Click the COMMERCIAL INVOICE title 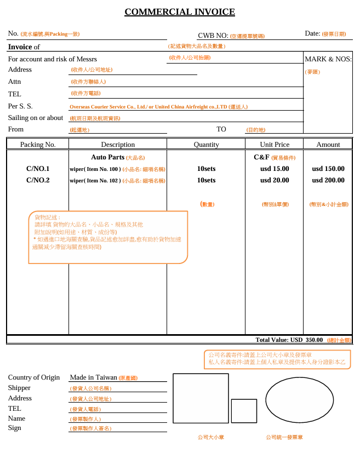[180, 12]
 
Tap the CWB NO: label [213, 36]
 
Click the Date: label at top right [312, 33]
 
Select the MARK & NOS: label [328, 59]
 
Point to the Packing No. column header [38, 145]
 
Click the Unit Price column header [275, 145]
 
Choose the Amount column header [328, 145]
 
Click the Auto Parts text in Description [108, 157]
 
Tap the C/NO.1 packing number [38, 169]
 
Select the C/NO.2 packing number [38, 180]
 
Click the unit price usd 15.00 [275, 169]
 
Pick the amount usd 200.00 [328, 180]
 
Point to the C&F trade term [261, 157]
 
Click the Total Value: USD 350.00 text [289, 340]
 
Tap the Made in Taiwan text [93, 377]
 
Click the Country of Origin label [34, 377]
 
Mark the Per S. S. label [20, 106]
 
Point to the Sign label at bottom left [14, 428]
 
